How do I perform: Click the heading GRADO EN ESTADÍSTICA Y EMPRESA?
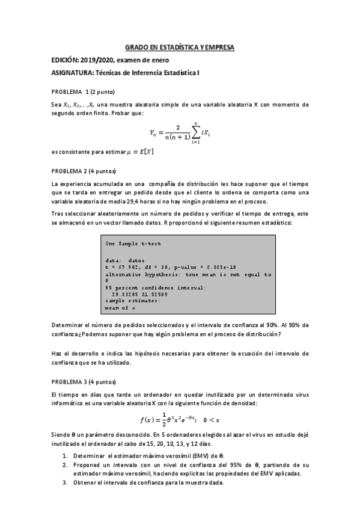(180, 47)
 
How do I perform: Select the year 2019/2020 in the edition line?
(100, 60)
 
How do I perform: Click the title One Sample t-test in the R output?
(133, 244)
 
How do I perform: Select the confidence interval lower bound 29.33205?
(124, 294)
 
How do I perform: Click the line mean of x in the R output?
(120, 307)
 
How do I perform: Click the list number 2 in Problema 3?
(64, 465)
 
